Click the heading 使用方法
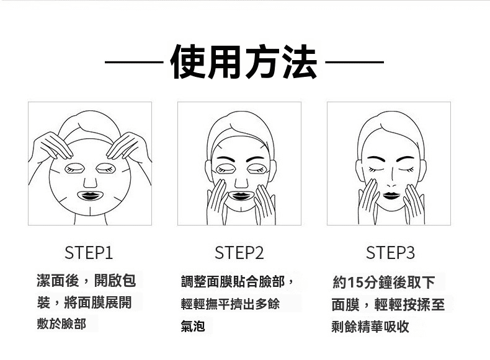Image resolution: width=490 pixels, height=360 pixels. [x=244, y=61]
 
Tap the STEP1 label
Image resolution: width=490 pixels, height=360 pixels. [x=89, y=253]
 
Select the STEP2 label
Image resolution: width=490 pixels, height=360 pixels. [x=239, y=253]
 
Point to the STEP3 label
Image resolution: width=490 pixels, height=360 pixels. [x=390, y=253]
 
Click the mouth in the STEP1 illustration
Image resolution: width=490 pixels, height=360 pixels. [x=90, y=196]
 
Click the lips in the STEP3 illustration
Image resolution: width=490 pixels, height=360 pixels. [x=391, y=195]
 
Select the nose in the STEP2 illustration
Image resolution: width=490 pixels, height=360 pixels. [x=241, y=183]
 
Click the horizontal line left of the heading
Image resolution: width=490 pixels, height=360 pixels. [x=134, y=62]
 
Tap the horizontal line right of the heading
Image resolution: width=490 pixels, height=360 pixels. [x=354, y=62]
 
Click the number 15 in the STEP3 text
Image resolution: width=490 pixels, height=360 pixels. [x=355, y=283]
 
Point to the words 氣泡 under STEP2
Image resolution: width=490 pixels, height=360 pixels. [x=193, y=326]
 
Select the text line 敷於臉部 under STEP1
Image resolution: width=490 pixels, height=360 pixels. [x=61, y=324]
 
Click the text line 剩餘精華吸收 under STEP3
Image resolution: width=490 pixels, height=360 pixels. [x=370, y=327]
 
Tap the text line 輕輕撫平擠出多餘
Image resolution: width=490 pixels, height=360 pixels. [x=230, y=304]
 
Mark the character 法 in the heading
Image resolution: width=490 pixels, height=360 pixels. [x=300, y=61]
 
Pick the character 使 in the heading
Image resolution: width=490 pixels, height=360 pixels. [x=189, y=61]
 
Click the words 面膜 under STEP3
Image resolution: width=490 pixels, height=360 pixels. [x=345, y=304]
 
